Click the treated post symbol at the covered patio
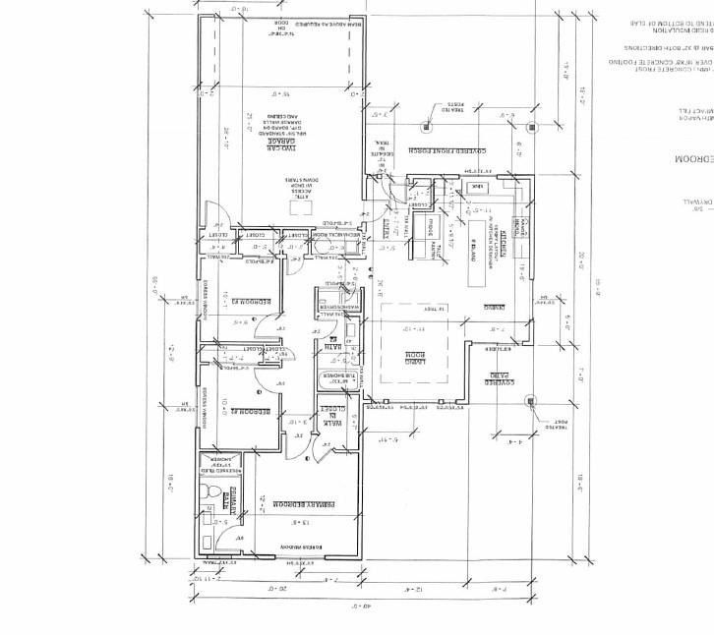tap(531, 400)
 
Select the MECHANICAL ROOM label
tap(320, 236)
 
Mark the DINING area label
tap(483, 308)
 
